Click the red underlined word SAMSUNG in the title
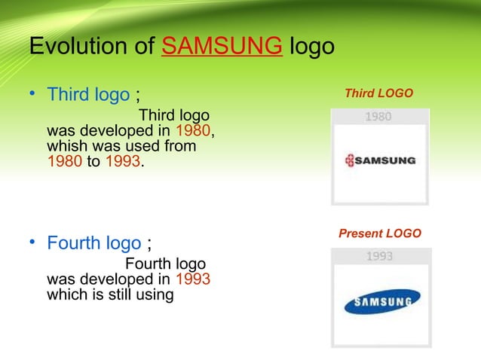click(222, 47)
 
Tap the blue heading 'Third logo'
click(88, 95)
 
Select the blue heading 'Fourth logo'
click(93, 243)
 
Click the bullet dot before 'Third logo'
click(33, 95)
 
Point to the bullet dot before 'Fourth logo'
click(33, 243)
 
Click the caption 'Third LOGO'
click(378, 93)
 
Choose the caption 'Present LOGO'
click(379, 233)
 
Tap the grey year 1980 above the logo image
click(378, 117)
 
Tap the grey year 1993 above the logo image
click(379, 256)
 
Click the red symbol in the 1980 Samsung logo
click(348, 160)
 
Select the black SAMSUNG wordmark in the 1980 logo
click(384, 160)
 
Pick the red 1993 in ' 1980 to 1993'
click(121, 160)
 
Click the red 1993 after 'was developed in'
click(192, 279)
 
